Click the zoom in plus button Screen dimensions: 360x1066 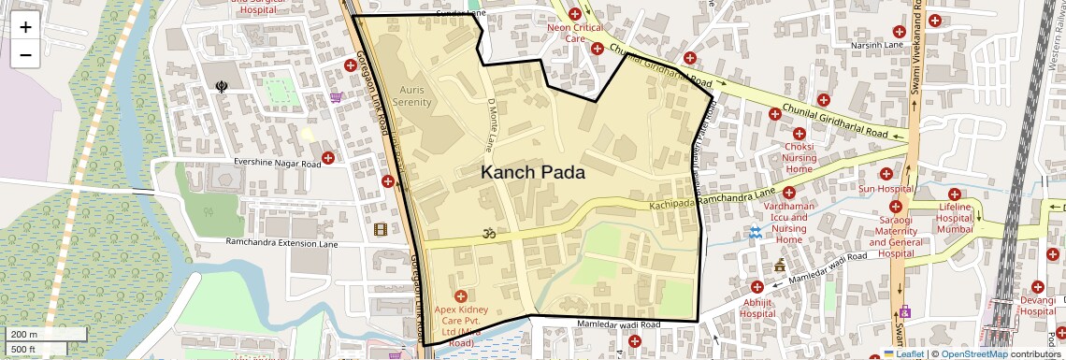(x=25, y=26)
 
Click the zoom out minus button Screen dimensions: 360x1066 (x=25, y=54)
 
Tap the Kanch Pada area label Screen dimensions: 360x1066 (x=533, y=173)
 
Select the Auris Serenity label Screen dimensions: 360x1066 (x=411, y=94)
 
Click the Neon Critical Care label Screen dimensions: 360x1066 (x=576, y=34)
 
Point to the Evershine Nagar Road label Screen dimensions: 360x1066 (x=278, y=164)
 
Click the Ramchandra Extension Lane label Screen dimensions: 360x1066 (x=281, y=243)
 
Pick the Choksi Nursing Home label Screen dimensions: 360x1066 (x=799, y=158)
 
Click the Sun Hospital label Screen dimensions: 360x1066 (x=886, y=189)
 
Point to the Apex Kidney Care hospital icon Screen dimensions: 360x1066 (x=460, y=296)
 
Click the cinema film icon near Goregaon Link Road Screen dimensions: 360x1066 (x=381, y=229)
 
